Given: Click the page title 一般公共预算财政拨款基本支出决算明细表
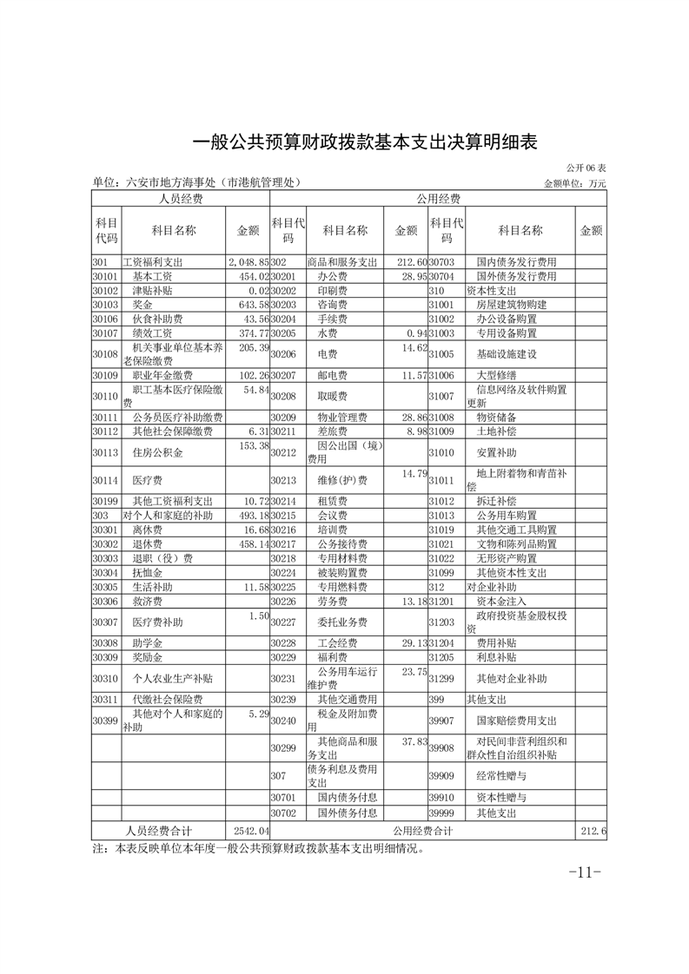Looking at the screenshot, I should point(364,143).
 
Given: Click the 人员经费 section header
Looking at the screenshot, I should point(180,199).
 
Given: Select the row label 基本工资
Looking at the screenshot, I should point(152,276).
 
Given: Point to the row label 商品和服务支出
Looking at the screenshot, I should point(342,262).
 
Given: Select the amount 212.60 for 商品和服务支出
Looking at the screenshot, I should point(411,262).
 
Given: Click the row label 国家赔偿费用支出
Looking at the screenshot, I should point(517,721).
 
